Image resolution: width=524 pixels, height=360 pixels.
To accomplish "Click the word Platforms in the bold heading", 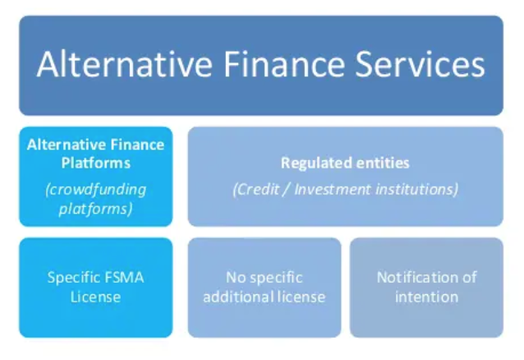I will tap(95, 163).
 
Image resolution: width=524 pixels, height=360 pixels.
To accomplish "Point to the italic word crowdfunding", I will tap(95, 189).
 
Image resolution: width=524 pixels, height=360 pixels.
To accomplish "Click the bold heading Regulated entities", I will tap(345, 163).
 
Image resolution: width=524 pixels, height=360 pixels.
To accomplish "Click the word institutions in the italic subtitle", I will tap(416, 189).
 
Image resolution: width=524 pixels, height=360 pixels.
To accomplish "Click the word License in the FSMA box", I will tap(95, 296).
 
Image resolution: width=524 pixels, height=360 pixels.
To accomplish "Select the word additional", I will tap(238, 296).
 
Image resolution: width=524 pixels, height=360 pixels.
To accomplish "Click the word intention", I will tap(426, 296).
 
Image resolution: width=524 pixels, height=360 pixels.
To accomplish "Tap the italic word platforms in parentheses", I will tap(95, 209).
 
